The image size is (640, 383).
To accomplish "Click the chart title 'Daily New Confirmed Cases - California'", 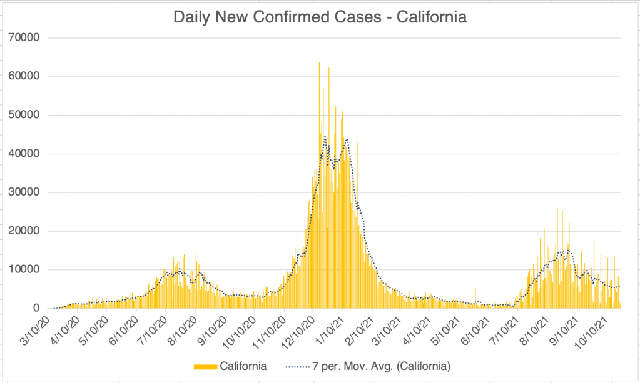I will click(320, 17).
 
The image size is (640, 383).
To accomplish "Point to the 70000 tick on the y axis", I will click(26, 37).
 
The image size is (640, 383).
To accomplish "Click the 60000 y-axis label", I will click(26, 76).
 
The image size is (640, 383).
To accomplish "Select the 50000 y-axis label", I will click(26, 115).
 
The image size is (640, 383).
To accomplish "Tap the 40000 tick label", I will click(26, 154).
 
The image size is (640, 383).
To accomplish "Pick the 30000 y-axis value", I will click(26, 192).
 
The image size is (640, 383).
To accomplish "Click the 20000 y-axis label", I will click(26, 231).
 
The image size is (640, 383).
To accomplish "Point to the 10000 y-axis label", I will click(26, 270).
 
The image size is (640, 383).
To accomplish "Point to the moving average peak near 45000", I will click(325, 136).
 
